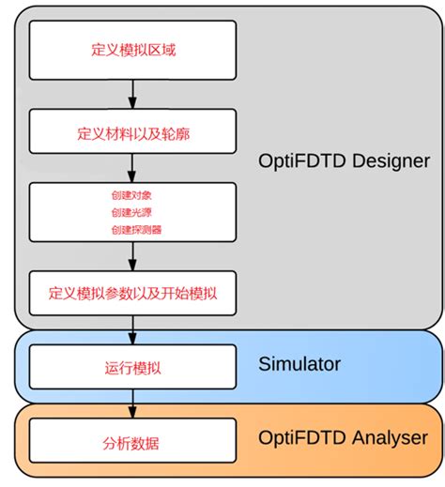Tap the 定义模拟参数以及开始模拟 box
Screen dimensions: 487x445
[x=131, y=293]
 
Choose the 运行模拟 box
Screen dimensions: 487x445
[x=131, y=365]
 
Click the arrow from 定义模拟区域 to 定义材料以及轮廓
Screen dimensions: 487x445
[x=132, y=94]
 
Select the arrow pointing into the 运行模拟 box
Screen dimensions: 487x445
[x=132, y=329]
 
